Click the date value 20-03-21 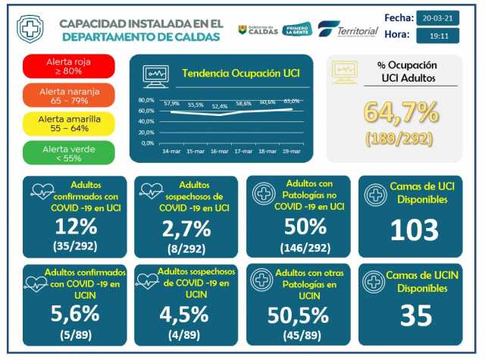(438, 17)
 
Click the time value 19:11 (438, 35)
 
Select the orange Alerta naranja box (69, 95)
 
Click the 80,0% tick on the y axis (146, 100)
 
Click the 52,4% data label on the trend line (220, 106)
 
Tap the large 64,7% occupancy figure (401, 112)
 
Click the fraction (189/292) (401, 139)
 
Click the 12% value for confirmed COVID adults (76, 226)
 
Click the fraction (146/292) (298, 247)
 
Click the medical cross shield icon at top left (30, 30)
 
